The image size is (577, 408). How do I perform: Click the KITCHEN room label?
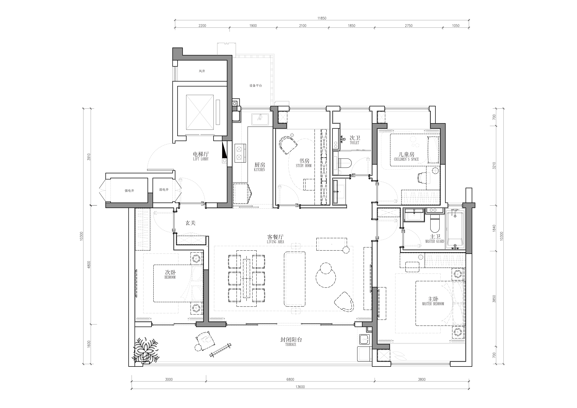[x=259, y=170]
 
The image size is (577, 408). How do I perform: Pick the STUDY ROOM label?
[x=304, y=166]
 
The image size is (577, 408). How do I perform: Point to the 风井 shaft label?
[x=202, y=71]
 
